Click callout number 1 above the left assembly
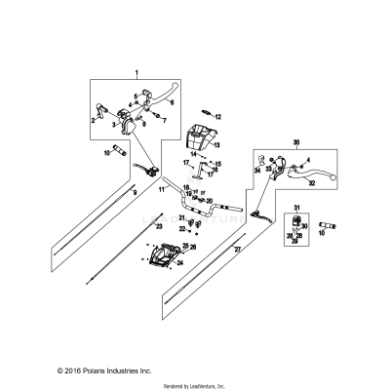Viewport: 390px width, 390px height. (136, 73)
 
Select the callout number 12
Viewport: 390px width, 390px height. (218, 116)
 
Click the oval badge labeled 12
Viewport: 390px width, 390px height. (205, 114)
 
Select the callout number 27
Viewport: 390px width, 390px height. (236, 250)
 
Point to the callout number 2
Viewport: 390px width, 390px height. (94, 121)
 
